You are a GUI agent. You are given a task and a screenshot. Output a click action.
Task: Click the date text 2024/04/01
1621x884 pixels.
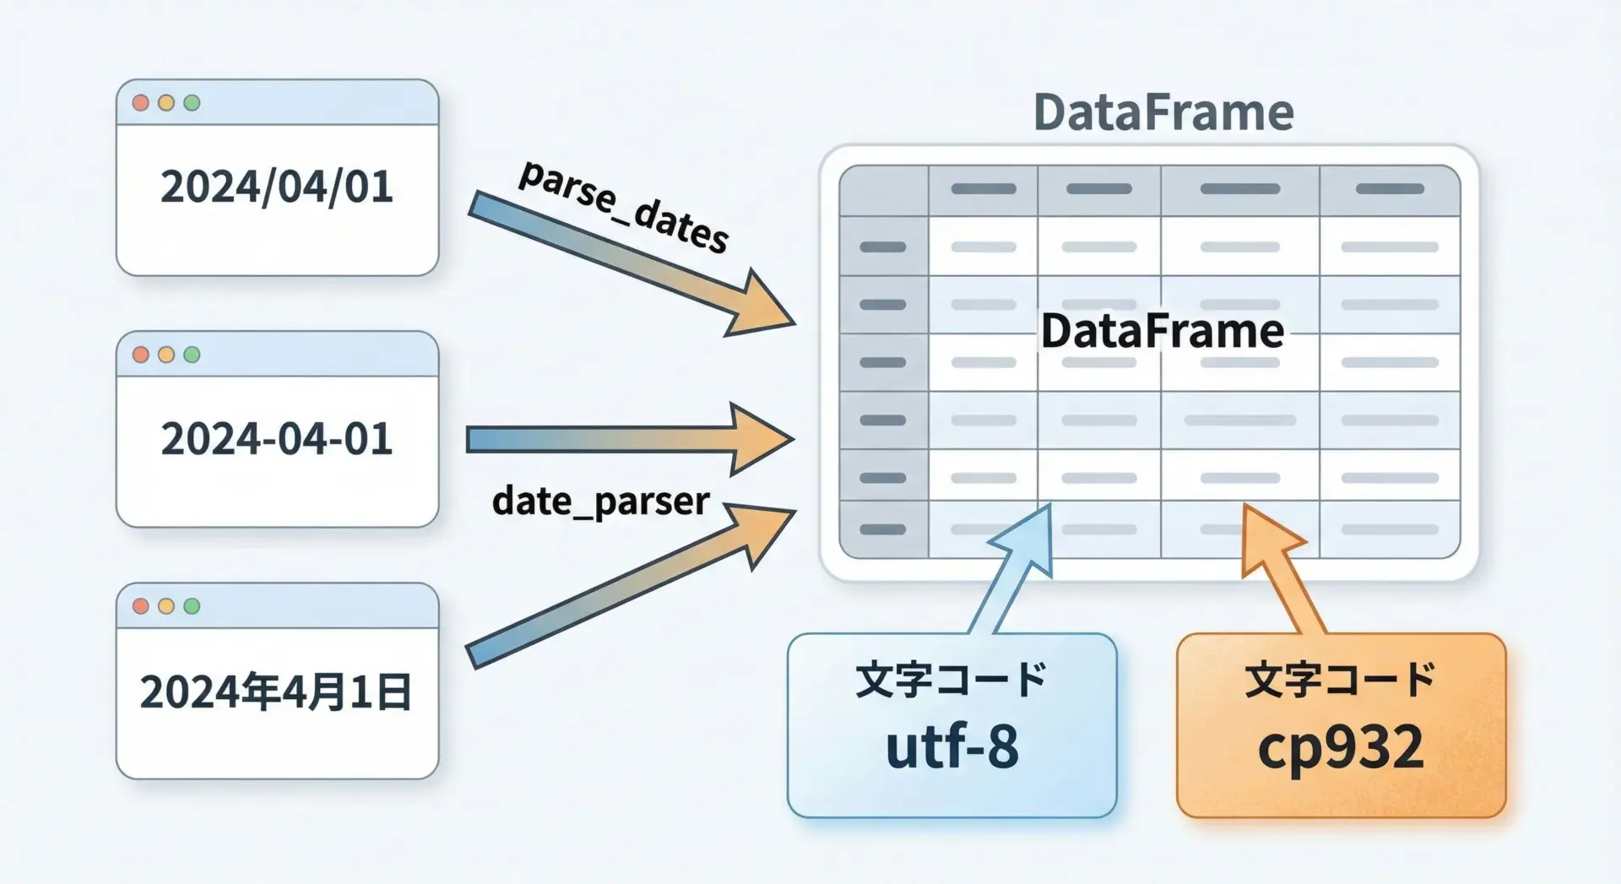[x=277, y=187]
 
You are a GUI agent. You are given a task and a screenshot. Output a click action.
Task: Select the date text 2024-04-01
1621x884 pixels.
[x=277, y=439]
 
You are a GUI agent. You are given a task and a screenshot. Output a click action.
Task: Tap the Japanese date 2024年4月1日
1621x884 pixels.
[x=276, y=692]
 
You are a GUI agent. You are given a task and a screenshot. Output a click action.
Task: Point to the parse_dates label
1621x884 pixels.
[x=623, y=206]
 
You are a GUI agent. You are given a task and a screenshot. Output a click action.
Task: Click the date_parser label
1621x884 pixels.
[x=600, y=501]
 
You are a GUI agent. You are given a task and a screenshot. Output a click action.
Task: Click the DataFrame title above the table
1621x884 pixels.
[x=1163, y=112]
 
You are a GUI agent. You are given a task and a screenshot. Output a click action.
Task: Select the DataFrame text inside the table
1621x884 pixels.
[x=1163, y=331]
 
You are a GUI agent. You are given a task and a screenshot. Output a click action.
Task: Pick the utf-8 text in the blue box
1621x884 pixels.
[x=952, y=747]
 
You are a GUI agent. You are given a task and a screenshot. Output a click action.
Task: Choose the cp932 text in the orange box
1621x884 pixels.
[x=1341, y=747]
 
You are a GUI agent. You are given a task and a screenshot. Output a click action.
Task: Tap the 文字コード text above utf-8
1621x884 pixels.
[x=952, y=680]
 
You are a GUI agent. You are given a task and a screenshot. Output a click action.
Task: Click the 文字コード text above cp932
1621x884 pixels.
[x=1341, y=680]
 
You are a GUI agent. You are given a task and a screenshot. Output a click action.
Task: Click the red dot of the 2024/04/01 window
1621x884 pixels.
[x=141, y=103]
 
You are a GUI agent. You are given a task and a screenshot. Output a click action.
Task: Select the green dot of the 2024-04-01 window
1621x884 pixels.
[x=192, y=355]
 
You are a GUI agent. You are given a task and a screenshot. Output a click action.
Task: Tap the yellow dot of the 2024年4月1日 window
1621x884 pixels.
[x=166, y=606]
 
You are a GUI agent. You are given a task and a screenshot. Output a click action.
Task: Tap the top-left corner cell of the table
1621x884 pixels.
[x=884, y=191]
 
